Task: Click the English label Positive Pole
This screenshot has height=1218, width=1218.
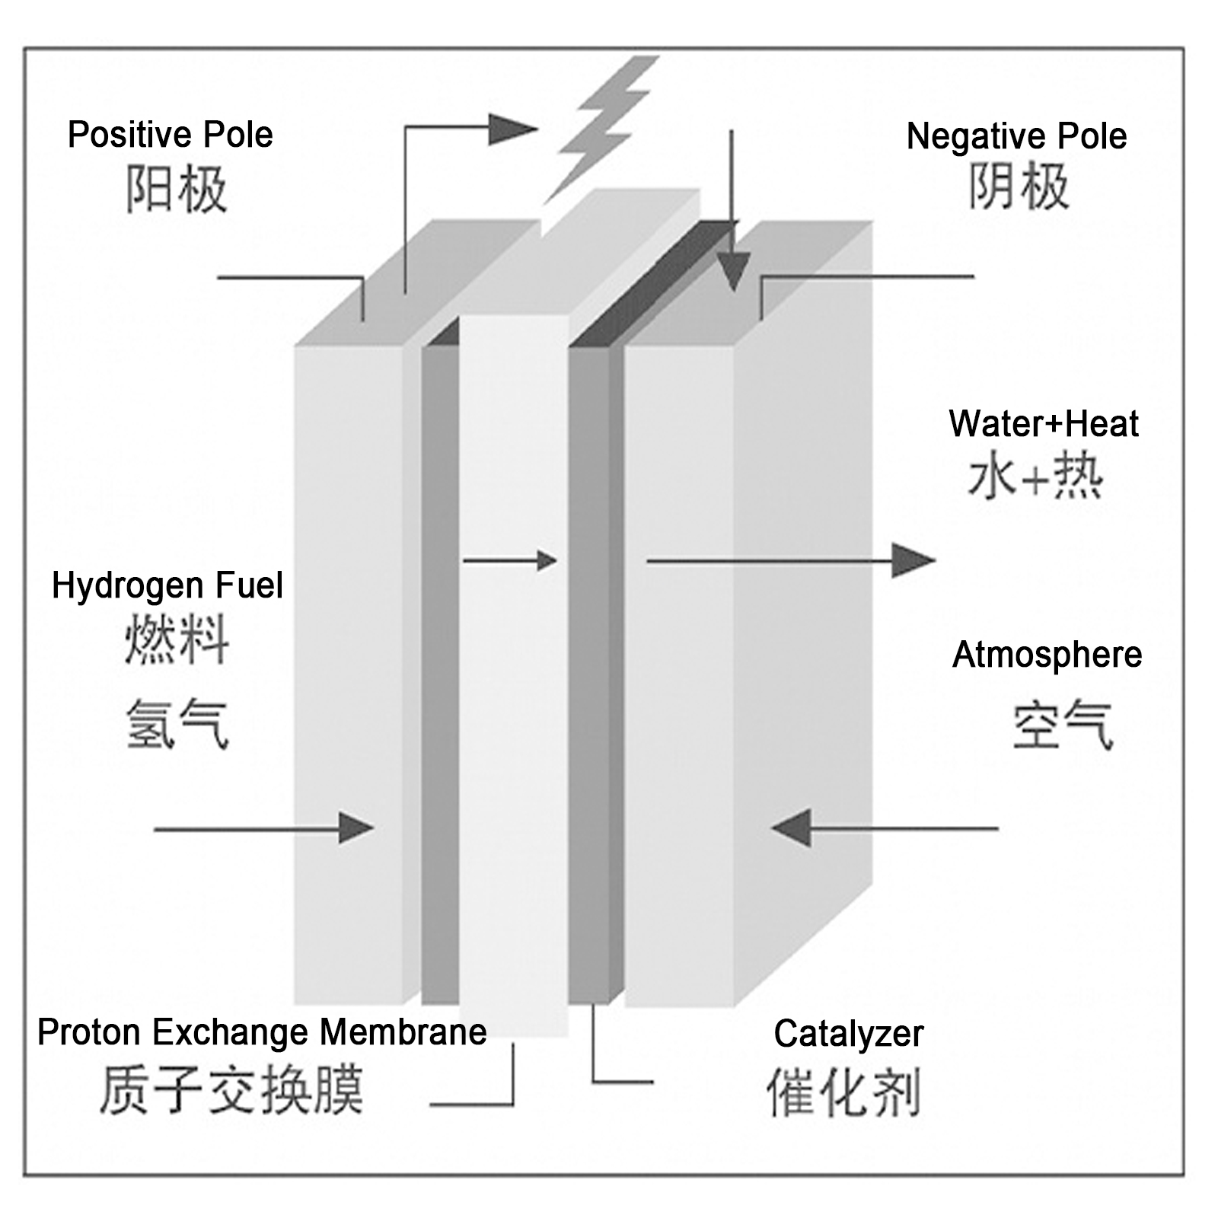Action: (x=170, y=135)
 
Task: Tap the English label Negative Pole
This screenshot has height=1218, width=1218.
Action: (x=1016, y=136)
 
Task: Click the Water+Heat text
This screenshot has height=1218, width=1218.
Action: (x=1043, y=424)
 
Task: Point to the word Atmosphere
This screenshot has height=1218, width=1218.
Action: (x=1047, y=655)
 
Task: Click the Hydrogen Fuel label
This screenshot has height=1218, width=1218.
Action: (x=167, y=586)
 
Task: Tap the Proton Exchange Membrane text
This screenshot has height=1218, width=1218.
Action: (x=262, y=1032)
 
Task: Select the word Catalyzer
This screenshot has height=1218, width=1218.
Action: (x=848, y=1034)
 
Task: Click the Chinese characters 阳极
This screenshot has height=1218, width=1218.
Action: (x=176, y=189)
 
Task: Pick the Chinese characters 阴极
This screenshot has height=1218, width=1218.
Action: (x=1019, y=187)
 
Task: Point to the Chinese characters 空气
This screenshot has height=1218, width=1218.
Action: (x=1062, y=725)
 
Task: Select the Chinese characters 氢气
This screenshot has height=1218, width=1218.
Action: (x=177, y=724)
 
